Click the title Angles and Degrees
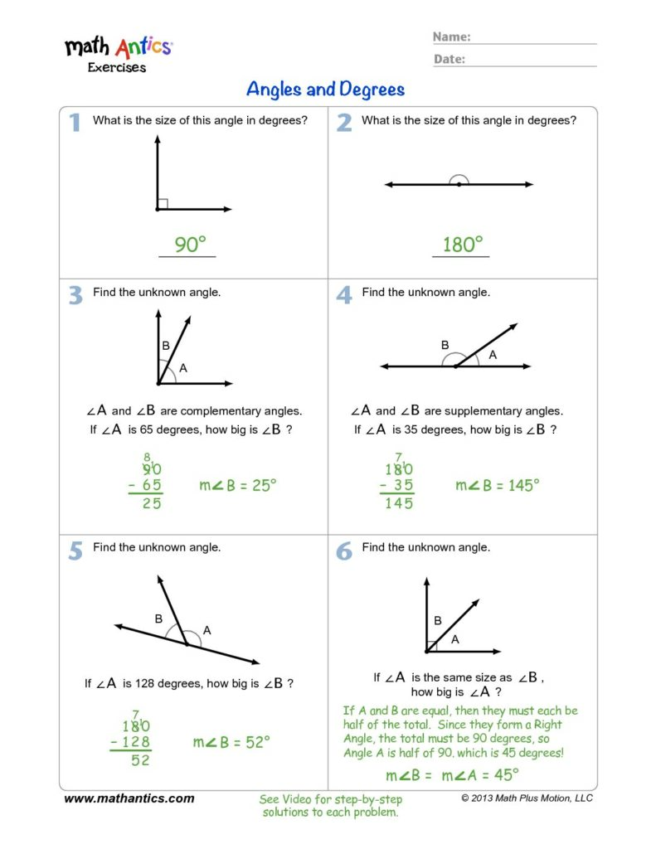pyautogui.click(x=325, y=89)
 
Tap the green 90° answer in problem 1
pyautogui.click(x=189, y=245)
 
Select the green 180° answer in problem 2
pyautogui.click(x=462, y=245)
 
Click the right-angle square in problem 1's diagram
pyautogui.click(x=163, y=204)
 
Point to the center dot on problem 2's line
pyautogui.click(x=459, y=184)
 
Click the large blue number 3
pyautogui.click(x=75, y=294)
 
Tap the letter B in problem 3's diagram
pyautogui.click(x=165, y=346)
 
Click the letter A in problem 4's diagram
pyautogui.click(x=492, y=354)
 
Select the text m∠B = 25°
pyautogui.click(x=237, y=486)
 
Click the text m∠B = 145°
pyautogui.click(x=498, y=485)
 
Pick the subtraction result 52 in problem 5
pyautogui.click(x=140, y=759)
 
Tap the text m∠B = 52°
pyautogui.click(x=231, y=742)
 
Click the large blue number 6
pyautogui.click(x=344, y=551)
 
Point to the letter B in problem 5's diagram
pyautogui.click(x=158, y=619)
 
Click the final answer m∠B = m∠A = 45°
pyautogui.click(x=452, y=775)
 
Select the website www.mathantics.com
pyautogui.click(x=129, y=798)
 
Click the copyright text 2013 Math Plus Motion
pyautogui.click(x=527, y=798)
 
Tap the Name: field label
pyautogui.click(x=452, y=37)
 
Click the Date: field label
pyautogui.click(x=449, y=59)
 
